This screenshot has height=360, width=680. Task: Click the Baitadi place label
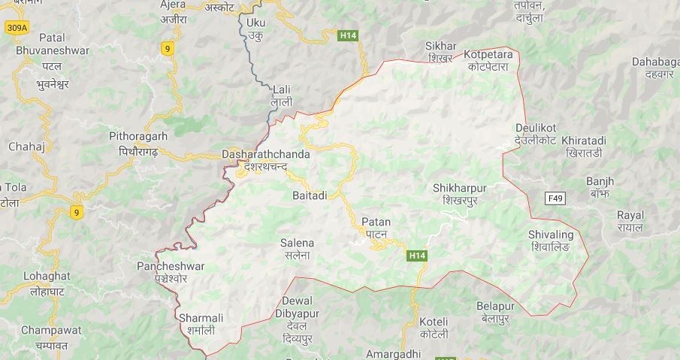(x=309, y=195)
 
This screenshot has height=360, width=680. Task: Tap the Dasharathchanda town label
(x=265, y=154)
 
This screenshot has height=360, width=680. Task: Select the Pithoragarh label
(x=138, y=136)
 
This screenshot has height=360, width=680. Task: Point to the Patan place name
(x=376, y=222)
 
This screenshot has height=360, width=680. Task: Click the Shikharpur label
(x=460, y=187)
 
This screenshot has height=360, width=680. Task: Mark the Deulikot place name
(x=536, y=127)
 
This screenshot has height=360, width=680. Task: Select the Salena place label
(x=297, y=243)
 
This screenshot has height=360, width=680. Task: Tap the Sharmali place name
(x=201, y=317)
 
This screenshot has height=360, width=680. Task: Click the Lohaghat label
(x=47, y=276)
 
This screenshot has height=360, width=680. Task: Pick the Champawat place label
(x=45, y=331)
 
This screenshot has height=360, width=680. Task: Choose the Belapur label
(x=495, y=306)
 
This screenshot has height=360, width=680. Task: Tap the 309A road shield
(x=17, y=28)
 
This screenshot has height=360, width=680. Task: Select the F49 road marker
(x=555, y=198)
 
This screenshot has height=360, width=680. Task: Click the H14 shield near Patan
(x=418, y=256)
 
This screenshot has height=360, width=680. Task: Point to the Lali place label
(x=282, y=89)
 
